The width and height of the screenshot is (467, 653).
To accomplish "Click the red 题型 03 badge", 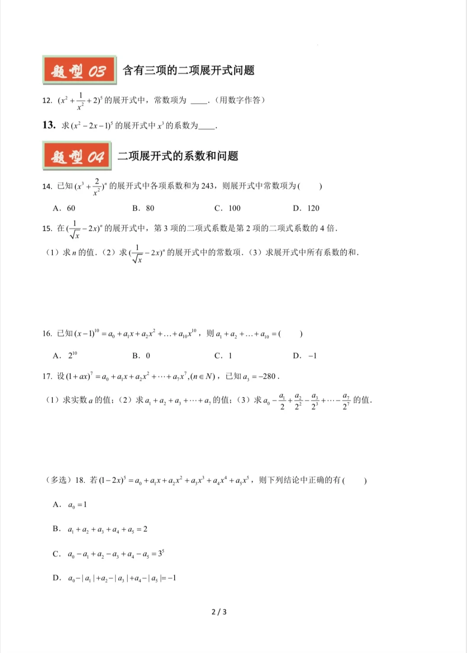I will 79,70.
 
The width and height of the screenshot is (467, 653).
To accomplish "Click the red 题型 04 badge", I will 77,156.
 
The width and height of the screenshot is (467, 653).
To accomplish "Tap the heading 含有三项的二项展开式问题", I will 189,70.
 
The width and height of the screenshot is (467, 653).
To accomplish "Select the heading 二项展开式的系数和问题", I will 178,156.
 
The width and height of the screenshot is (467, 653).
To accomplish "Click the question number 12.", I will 47,100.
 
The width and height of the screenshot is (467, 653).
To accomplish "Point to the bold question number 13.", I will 49,125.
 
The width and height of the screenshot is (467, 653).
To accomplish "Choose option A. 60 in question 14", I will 64,208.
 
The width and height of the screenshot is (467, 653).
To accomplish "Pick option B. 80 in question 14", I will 143,208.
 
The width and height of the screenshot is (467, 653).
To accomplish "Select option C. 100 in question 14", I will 227,208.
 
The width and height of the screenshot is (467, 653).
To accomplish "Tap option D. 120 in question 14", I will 306,208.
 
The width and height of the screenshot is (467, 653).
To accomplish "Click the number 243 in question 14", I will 208,186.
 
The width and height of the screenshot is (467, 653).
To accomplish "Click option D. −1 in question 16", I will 305,356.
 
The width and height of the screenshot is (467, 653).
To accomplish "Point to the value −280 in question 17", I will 268,376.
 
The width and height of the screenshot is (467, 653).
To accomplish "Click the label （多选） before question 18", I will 58,480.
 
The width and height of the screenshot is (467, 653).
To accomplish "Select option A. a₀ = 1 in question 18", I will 70,505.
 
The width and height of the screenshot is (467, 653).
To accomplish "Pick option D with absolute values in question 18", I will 115,578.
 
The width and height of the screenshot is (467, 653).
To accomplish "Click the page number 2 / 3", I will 219,612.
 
